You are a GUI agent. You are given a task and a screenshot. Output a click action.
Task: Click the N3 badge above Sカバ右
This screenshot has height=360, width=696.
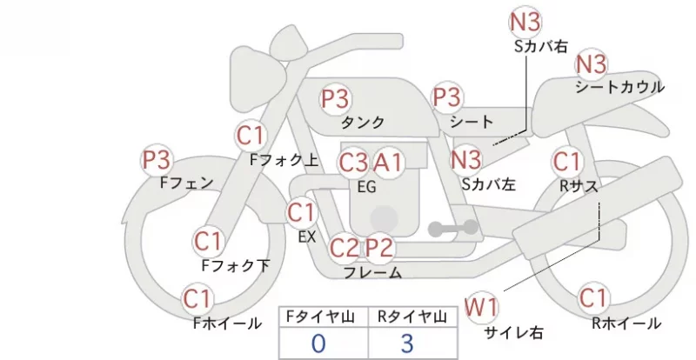525,23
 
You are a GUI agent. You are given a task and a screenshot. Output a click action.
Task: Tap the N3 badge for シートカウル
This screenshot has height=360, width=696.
591,64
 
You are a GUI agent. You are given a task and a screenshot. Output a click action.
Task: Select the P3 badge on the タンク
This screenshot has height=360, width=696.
335,98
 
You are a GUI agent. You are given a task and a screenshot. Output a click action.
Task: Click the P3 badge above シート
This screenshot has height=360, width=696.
447,97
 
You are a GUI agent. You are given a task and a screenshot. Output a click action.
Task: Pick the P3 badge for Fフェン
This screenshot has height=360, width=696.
157,160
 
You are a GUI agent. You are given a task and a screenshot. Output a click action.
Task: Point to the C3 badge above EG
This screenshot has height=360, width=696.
353,163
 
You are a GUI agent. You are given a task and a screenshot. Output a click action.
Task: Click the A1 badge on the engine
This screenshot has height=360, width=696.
388,163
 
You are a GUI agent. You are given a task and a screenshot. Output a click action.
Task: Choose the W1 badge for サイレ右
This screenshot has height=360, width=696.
481,307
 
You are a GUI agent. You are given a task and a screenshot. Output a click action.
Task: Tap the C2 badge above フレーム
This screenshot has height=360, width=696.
344,247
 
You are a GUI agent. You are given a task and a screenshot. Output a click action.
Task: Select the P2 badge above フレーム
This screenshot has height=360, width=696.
379,247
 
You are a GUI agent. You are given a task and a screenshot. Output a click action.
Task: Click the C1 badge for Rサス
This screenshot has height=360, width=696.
567,162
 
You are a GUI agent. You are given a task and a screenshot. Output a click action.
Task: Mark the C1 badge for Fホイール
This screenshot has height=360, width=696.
197,299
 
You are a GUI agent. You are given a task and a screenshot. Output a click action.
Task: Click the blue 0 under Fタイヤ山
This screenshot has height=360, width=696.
318,343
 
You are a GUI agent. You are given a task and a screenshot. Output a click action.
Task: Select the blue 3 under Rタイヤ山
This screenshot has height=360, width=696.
407,343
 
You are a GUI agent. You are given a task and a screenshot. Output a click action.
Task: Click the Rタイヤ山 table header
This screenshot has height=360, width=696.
412,317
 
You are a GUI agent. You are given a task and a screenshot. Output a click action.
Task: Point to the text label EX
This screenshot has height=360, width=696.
307,237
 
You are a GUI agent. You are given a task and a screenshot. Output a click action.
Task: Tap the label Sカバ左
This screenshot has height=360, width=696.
489,184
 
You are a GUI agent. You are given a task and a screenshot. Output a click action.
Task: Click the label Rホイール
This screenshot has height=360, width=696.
626,323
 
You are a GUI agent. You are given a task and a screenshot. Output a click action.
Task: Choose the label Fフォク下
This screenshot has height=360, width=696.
236,265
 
